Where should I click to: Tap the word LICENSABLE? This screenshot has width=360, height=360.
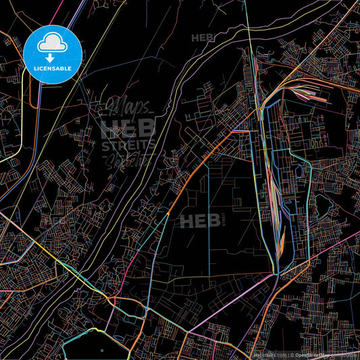[53, 68]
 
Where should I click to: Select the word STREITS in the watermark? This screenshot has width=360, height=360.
[128, 144]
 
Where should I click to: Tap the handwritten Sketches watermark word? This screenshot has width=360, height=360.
[128, 161]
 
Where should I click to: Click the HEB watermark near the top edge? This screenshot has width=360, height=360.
[202, 38]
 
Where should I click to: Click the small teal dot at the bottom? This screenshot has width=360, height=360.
[102, 351]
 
